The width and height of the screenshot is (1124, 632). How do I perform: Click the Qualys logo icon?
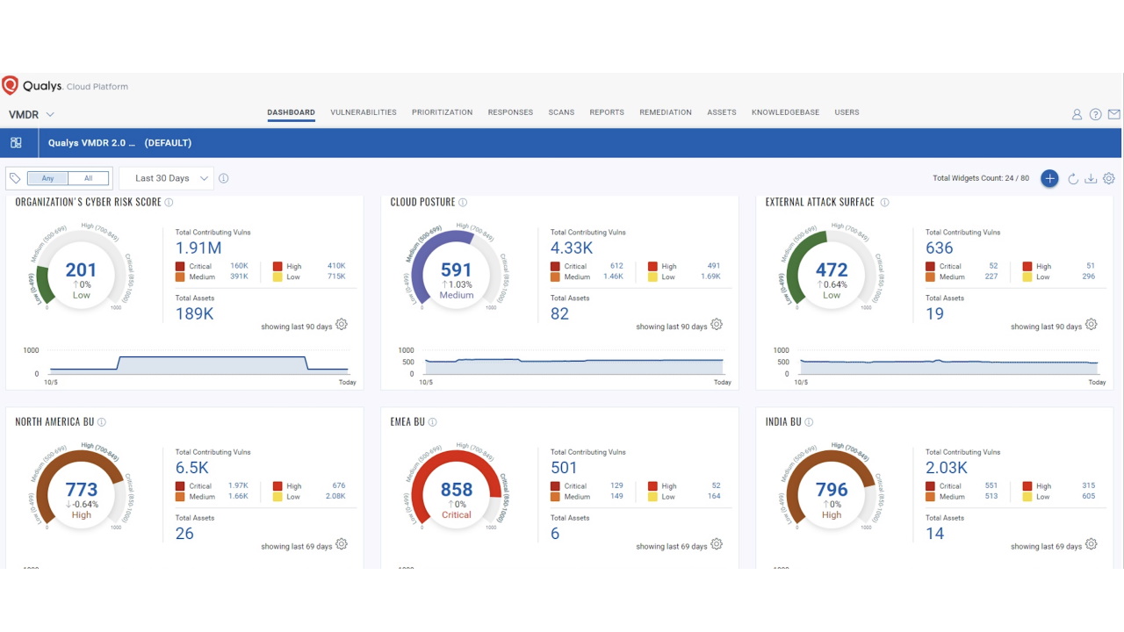pyautogui.click(x=11, y=85)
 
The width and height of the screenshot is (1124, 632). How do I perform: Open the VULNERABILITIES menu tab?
pyautogui.click(x=363, y=112)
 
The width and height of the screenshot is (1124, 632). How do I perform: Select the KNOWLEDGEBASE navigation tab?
pyautogui.click(x=785, y=112)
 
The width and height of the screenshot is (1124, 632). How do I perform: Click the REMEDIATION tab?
pyautogui.click(x=665, y=112)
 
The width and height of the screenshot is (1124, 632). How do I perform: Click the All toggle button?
pyautogui.click(x=88, y=178)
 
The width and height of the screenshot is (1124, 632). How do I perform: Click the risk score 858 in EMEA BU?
pyautogui.click(x=456, y=490)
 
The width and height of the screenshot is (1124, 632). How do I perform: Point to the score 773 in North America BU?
pyautogui.click(x=81, y=490)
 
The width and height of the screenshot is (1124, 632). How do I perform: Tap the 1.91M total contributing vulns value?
pyautogui.click(x=198, y=248)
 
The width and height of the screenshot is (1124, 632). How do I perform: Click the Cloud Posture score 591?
pyautogui.click(x=456, y=270)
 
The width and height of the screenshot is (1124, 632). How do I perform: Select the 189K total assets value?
pyautogui.click(x=194, y=313)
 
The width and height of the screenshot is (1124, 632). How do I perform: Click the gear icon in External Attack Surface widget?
pyautogui.click(x=1091, y=325)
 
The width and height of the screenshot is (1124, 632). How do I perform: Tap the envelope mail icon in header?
pyautogui.click(x=1113, y=114)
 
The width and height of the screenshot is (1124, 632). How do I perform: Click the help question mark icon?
pyautogui.click(x=1095, y=114)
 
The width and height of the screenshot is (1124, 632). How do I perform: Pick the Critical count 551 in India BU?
pyautogui.click(x=991, y=485)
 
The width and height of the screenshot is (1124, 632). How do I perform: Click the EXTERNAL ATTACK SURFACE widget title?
pyautogui.click(x=819, y=202)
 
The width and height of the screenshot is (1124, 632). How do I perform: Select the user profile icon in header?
pyautogui.click(x=1077, y=114)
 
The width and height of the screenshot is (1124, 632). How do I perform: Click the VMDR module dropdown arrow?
pyautogui.click(x=50, y=115)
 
